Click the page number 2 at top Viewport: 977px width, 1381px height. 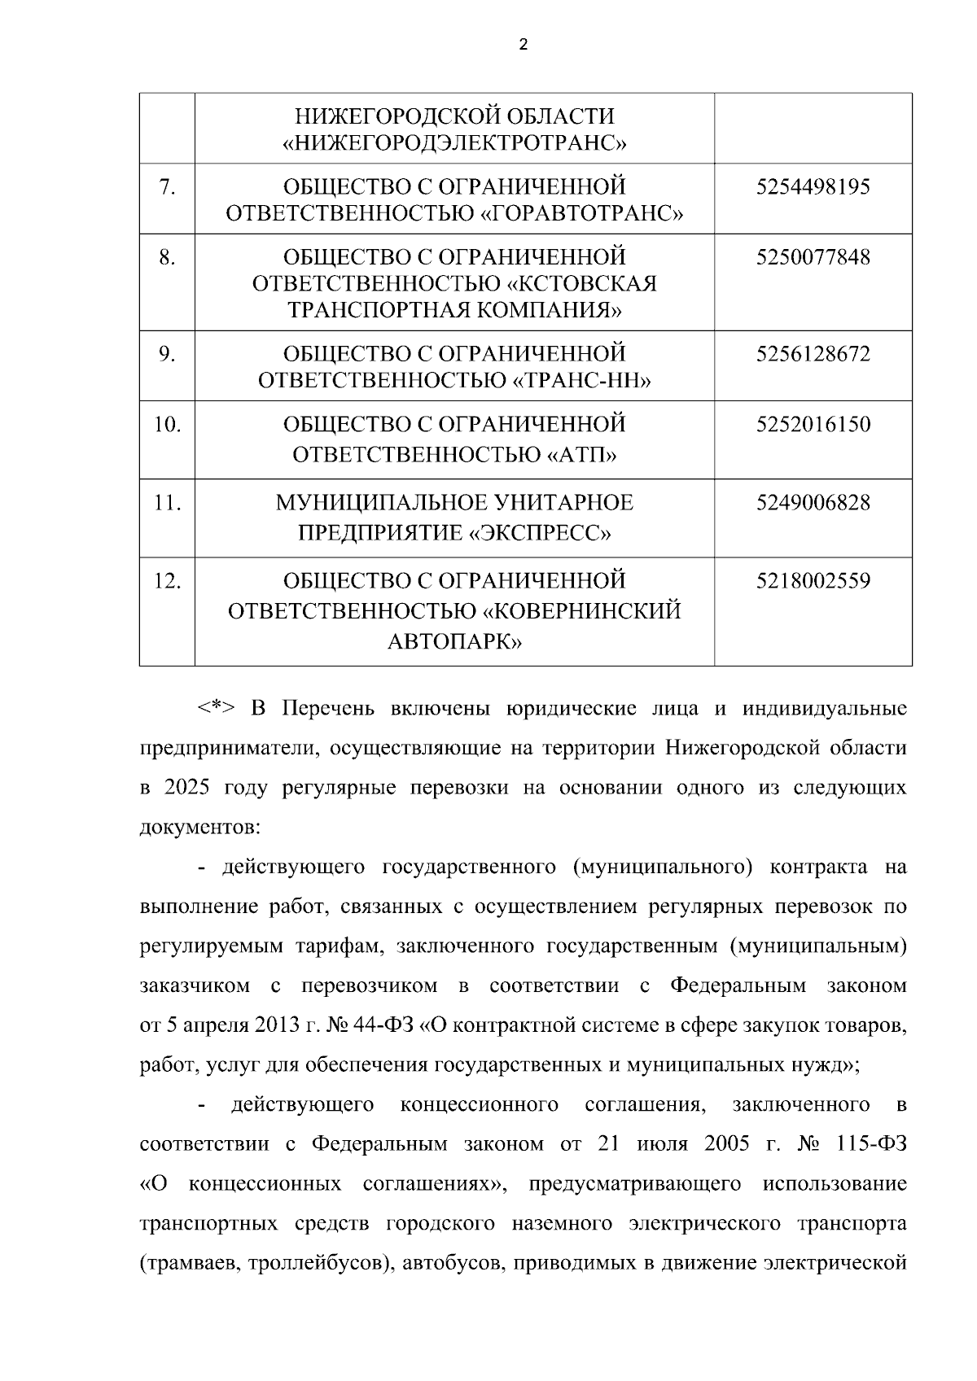[x=523, y=45]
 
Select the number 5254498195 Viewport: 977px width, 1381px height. [x=813, y=188]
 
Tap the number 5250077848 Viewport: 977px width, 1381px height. [x=813, y=258]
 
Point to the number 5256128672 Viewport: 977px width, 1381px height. [x=813, y=355]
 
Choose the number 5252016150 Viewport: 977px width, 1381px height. [x=813, y=425]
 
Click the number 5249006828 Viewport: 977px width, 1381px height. [x=813, y=503]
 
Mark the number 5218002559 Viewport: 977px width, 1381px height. [x=813, y=582]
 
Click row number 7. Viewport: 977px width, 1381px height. [x=167, y=188]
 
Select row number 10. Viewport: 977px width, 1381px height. [x=167, y=425]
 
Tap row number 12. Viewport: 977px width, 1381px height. [x=167, y=582]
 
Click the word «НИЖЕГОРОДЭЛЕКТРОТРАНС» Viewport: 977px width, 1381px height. [x=454, y=144]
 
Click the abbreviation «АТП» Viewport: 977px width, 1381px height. [x=581, y=454]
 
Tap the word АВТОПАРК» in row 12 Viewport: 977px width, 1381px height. [x=454, y=642]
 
